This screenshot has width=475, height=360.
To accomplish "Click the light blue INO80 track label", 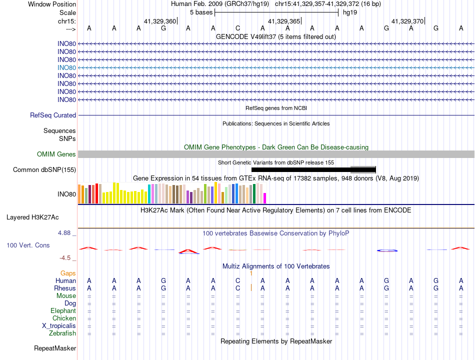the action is click(66, 68).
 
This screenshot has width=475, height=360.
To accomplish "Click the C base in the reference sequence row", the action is click(238, 28).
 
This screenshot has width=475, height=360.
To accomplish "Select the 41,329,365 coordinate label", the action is click(284, 21).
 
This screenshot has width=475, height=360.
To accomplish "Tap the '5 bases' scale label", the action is click(201, 12).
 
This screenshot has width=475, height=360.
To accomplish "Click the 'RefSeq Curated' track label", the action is click(53, 115).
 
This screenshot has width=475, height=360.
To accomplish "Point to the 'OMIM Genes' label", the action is click(56, 154).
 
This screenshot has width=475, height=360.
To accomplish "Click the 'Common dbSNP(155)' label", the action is click(44, 169).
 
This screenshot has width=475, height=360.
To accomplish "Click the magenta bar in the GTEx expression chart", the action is click(265, 198).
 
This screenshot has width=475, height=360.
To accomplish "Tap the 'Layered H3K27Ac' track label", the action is click(32, 217).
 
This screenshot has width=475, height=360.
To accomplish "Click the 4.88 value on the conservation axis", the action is click(64, 233).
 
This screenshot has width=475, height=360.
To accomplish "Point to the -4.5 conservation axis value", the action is click(65, 258).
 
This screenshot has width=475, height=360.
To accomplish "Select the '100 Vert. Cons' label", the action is click(28, 245).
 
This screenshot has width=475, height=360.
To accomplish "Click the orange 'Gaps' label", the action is click(68, 273).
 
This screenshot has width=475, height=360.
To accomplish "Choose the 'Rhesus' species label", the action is click(65, 288).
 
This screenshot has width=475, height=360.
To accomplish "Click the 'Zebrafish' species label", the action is click(62, 333).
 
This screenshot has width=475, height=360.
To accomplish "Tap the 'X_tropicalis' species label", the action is click(59, 326).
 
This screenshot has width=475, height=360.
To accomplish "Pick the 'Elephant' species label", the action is click(63, 311).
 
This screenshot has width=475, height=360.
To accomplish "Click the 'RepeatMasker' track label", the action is click(55, 348).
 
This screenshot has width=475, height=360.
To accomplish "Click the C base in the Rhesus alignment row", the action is click(238, 288).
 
